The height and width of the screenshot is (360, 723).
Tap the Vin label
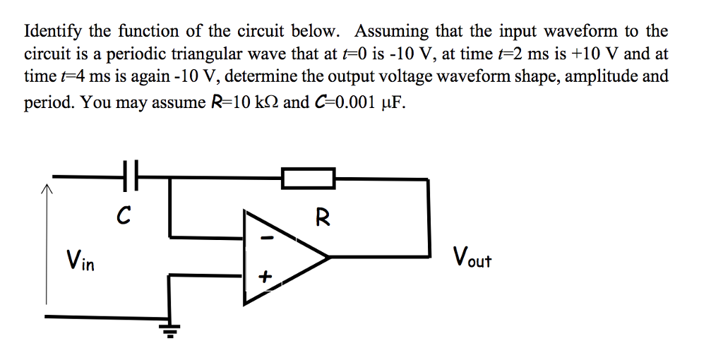80,260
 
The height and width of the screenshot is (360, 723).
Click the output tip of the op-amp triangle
329,257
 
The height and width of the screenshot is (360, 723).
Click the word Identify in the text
53,32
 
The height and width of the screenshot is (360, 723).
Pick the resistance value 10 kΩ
249,102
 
